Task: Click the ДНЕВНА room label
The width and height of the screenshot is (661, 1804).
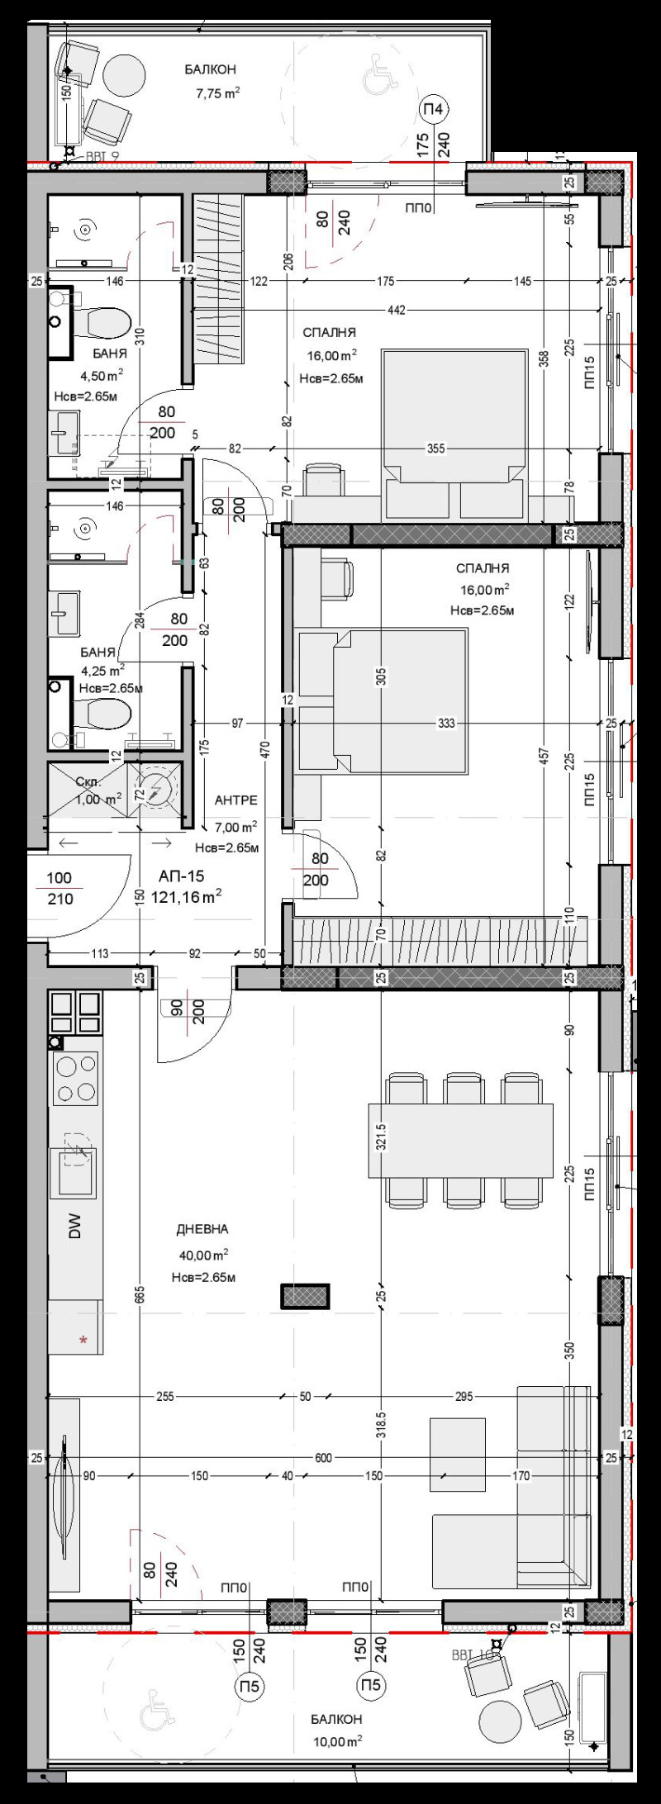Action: click(x=202, y=1229)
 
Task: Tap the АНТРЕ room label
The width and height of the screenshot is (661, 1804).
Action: click(x=235, y=800)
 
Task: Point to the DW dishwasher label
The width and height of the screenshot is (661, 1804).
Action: click(x=75, y=1230)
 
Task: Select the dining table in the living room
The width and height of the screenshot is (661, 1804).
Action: click(x=460, y=1140)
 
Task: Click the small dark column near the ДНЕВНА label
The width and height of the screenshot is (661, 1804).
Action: click(x=305, y=1296)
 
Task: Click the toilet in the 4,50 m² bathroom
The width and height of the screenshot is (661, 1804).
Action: click(x=104, y=321)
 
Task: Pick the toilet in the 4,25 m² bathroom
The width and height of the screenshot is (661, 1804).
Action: click(x=104, y=712)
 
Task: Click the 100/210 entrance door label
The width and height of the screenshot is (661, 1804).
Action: click(x=59, y=889)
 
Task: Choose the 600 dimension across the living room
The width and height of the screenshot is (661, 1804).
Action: click(x=323, y=1458)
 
